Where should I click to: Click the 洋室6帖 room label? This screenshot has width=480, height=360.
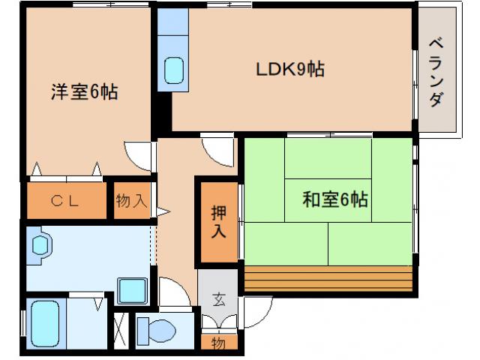(x=84, y=93)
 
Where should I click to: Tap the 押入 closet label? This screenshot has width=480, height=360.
(x=217, y=220)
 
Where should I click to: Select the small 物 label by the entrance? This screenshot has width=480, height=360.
(x=217, y=343)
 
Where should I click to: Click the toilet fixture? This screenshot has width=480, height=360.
(x=158, y=328)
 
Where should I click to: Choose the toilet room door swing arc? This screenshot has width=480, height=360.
(x=172, y=292)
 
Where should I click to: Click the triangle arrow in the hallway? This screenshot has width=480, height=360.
(x=166, y=212)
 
